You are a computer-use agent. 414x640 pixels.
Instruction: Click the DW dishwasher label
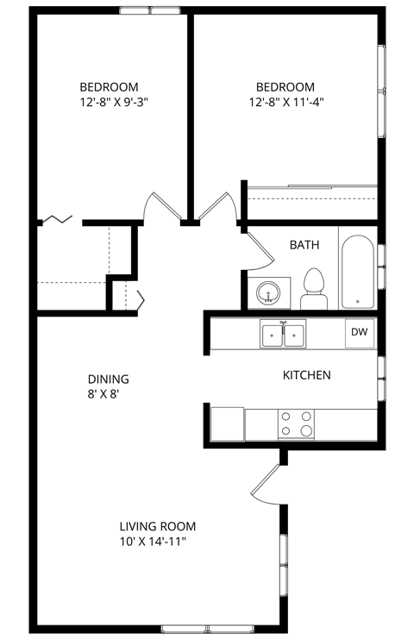tap(359, 331)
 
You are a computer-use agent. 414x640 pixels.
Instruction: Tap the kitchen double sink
tap(284, 333)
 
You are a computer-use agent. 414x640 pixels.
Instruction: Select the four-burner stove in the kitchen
tap(295, 423)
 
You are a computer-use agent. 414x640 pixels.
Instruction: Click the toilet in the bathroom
tap(313, 289)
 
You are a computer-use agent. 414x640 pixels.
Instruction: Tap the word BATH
tap(304, 245)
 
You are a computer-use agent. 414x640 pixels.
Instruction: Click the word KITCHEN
tap(307, 375)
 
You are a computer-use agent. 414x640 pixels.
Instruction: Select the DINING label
tap(108, 379)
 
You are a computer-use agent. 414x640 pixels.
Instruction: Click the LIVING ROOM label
tap(157, 526)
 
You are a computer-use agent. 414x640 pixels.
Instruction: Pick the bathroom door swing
tap(255, 250)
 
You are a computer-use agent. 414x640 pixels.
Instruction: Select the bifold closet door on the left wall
tap(60, 220)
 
